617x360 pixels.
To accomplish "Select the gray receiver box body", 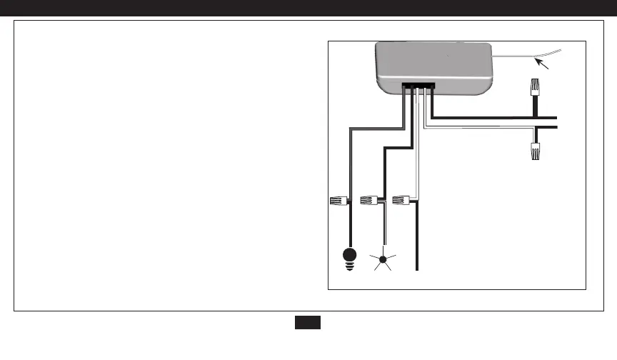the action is coord(436,64).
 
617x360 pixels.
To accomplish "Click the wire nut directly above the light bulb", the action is coord(337,201).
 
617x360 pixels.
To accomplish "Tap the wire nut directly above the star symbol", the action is coord(369,201).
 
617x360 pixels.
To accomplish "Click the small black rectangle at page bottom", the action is coord(308,323).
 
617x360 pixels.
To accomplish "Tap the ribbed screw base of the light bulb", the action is coord(350,266).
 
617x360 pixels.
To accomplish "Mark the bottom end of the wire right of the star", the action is coord(417,268).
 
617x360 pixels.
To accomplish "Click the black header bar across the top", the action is coord(308,8).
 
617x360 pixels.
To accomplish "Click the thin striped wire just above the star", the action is coord(383,229).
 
